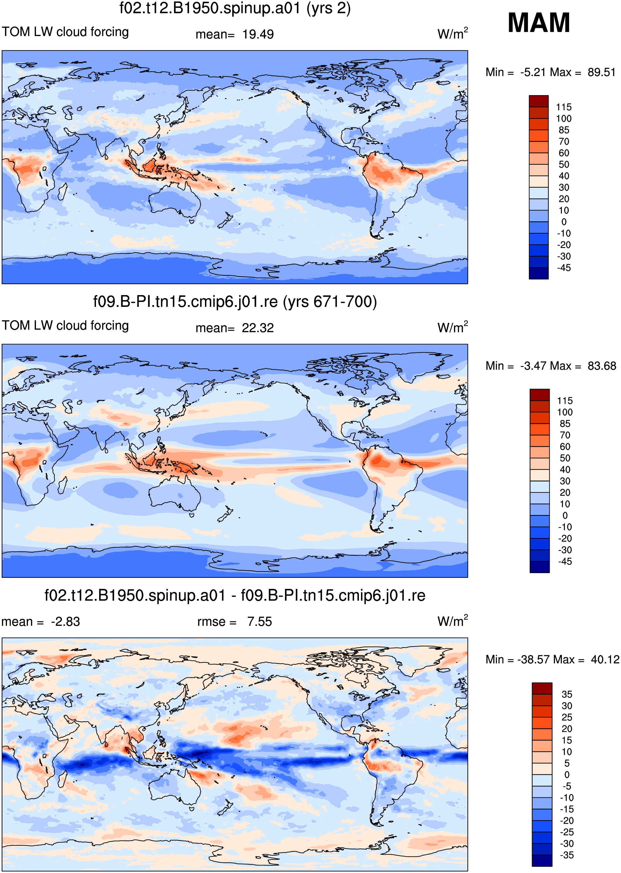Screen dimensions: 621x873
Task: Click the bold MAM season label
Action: pos(538,23)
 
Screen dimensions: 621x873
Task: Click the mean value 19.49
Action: pos(258,35)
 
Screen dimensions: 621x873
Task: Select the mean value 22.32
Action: pos(258,328)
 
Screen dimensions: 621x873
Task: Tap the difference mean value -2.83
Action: pos(66,622)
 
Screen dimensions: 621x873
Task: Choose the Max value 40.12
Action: pos(605,660)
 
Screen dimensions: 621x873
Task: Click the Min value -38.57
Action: pos(533,660)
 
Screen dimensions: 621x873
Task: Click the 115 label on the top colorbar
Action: pos(564,107)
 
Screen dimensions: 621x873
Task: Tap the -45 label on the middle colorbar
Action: pos(565,562)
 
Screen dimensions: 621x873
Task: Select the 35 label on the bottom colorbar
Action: pos(567,694)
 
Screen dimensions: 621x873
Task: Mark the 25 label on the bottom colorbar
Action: pos(567,717)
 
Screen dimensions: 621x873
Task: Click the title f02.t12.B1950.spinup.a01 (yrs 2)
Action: pos(235,8)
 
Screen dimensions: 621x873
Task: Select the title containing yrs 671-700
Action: pos(235,302)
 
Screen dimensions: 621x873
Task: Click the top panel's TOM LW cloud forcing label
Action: pos(66,32)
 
